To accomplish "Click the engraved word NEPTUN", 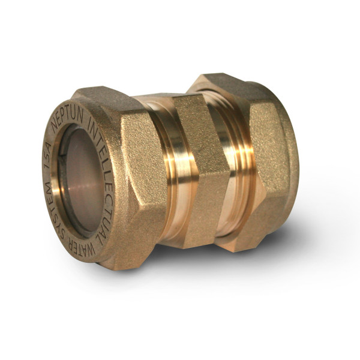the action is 68,118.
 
